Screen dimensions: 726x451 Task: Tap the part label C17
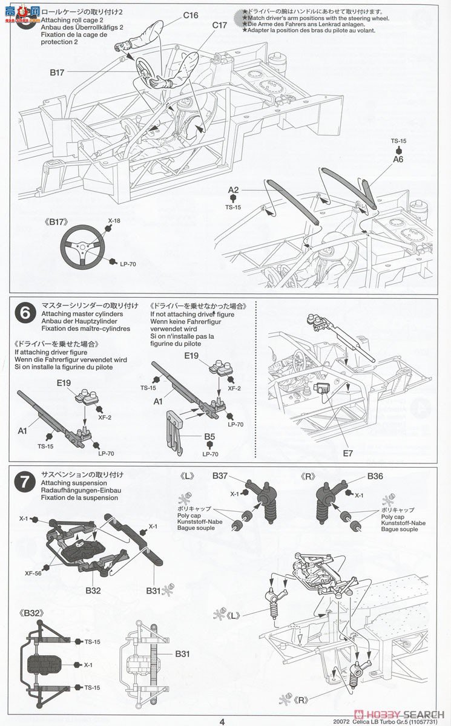coord(219,25)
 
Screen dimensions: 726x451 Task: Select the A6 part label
coord(398,159)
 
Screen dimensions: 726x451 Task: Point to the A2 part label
coord(234,190)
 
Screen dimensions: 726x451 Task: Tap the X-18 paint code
coord(114,221)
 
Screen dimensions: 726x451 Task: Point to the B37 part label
coord(220,476)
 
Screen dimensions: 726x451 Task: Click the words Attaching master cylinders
coord(82,314)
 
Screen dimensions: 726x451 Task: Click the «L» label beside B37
coord(186,476)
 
